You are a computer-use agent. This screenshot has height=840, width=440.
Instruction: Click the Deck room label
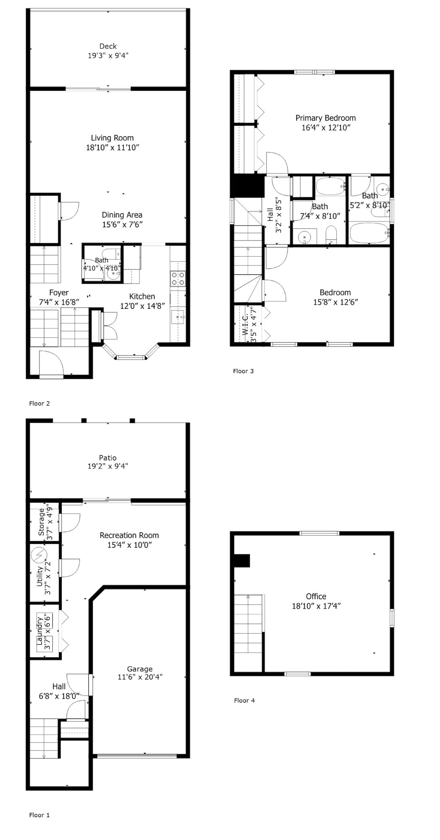(x=108, y=46)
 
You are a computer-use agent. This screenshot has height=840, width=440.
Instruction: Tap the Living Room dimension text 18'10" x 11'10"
(x=113, y=148)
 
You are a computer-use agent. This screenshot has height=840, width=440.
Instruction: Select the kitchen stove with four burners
(x=178, y=278)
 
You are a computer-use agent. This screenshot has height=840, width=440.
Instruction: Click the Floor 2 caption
(x=40, y=403)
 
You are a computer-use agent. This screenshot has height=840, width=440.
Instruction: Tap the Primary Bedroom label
(x=326, y=118)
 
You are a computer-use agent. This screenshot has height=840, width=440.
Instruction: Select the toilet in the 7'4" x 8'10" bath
(x=331, y=235)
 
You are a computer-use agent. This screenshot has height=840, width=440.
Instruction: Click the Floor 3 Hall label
(x=270, y=215)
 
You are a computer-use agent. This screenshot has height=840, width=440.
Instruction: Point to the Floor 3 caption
(x=243, y=371)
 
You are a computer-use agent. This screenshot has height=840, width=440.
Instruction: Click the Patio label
(x=108, y=458)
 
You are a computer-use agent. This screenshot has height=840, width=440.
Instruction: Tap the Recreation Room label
(x=129, y=535)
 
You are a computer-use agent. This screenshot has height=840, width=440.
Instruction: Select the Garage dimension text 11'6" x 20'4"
(x=140, y=677)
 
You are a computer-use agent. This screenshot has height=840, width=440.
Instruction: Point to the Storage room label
(x=41, y=522)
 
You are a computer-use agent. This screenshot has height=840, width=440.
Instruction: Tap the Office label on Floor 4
(x=316, y=596)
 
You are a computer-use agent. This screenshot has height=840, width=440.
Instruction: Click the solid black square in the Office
(x=242, y=561)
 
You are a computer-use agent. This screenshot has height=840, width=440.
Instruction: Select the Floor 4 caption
(x=245, y=700)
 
